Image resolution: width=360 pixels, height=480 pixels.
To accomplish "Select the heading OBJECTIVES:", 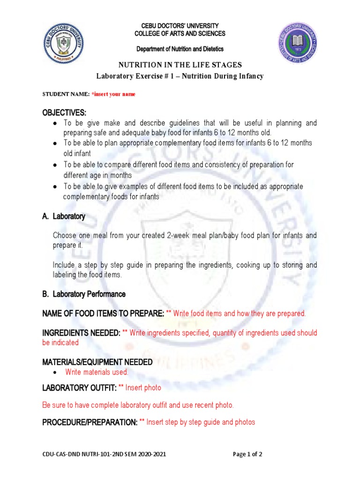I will point(64,113).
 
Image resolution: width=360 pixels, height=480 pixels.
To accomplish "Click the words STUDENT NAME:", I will point(66,94).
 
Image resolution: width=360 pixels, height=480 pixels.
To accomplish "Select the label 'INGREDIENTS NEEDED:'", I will point(81,333).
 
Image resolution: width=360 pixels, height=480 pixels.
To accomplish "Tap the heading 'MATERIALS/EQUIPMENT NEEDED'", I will point(97,362).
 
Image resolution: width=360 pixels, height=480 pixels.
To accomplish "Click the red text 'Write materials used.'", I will point(97,372).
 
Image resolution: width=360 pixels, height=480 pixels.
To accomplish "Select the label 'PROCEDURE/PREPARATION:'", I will point(90,422).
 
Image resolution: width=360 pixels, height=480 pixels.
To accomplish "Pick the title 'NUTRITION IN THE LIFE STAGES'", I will point(180,65).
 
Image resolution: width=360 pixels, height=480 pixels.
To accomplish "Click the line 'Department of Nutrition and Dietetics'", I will point(180,49).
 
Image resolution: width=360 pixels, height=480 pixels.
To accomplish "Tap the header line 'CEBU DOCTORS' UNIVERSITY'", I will point(180,26).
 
